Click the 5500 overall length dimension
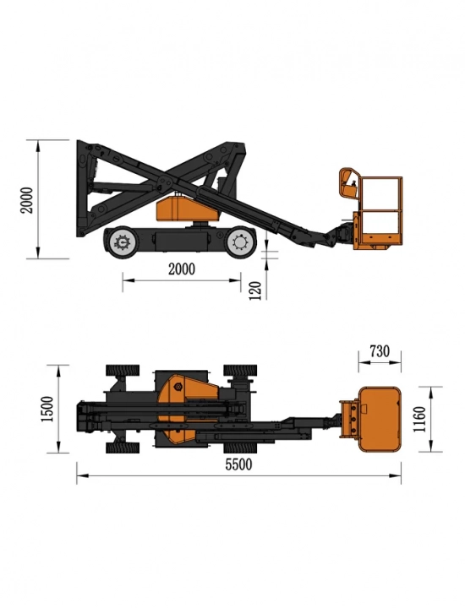click(x=238, y=464)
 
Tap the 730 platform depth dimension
click(x=380, y=351)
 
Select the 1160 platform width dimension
click(x=420, y=419)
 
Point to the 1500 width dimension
click(x=47, y=409)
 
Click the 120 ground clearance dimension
click(x=254, y=290)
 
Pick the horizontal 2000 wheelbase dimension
click(x=181, y=269)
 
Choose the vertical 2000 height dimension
click(x=27, y=199)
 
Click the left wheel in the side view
click(x=121, y=242)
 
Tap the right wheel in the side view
click(x=241, y=242)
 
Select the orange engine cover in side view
click(x=186, y=209)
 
